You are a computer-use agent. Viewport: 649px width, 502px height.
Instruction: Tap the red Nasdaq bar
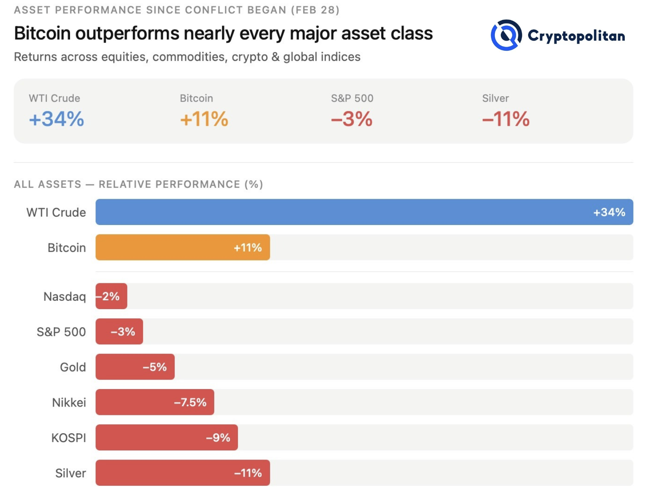pyautogui.click(x=111, y=296)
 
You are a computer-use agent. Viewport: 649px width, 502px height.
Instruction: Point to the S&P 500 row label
pyautogui.click(x=61, y=332)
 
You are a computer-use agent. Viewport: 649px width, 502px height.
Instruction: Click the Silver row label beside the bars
pyautogui.click(x=70, y=473)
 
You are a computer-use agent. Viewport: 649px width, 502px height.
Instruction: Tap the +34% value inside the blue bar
pyautogui.click(x=609, y=212)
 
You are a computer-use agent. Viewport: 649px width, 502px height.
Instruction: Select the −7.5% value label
pyautogui.click(x=190, y=402)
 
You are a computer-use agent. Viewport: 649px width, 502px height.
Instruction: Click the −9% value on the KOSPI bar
pyautogui.click(x=218, y=438)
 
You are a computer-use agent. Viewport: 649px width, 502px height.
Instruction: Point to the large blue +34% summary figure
pyautogui.click(x=57, y=119)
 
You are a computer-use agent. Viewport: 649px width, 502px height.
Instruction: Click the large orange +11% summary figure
pyautogui.click(x=204, y=119)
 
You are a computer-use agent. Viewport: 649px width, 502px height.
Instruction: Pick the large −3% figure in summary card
pyautogui.click(x=352, y=119)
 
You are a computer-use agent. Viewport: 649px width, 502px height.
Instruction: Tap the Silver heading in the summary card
pyautogui.click(x=495, y=98)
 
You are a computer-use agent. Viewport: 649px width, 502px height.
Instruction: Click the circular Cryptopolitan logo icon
pyautogui.click(x=506, y=35)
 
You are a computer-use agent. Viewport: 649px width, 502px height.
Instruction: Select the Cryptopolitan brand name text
pyautogui.click(x=576, y=36)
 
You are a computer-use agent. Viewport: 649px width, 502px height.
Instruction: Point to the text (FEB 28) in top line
pyautogui.click(x=315, y=10)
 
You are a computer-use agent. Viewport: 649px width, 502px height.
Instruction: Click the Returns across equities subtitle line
pyautogui.click(x=187, y=57)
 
